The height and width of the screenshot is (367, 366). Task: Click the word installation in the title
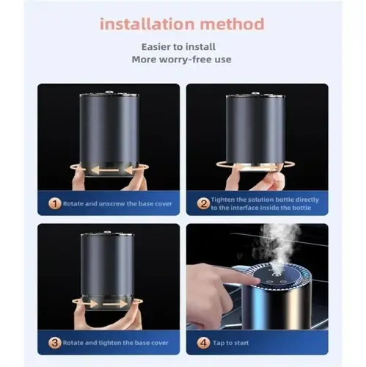(147, 24)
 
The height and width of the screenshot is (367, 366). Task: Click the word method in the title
(233, 24)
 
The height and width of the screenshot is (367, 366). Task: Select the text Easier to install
(178, 47)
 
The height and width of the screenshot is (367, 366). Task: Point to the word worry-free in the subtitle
(181, 59)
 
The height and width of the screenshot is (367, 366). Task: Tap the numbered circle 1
(54, 203)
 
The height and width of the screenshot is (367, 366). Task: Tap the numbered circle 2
(203, 203)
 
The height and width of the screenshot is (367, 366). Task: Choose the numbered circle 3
(54, 343)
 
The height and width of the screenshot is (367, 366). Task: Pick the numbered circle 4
(203, 343)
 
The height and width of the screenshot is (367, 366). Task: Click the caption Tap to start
(230, 343)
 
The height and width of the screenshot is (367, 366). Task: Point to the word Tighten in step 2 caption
(223, 200)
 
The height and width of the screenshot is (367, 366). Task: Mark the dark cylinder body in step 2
(255, 129)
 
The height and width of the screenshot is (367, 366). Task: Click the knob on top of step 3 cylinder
(107, 232)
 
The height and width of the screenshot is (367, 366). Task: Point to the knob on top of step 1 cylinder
(109, 92)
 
